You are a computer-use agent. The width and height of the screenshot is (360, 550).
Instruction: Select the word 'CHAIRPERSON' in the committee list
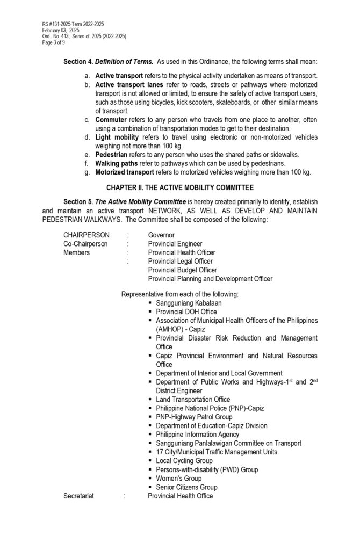[87, 235]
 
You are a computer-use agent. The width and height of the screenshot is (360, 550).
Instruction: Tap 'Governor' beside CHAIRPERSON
[161, 235]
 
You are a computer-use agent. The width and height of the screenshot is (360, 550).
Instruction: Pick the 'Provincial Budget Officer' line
[183, 270]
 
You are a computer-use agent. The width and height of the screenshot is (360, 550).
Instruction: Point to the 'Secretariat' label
[78, 496]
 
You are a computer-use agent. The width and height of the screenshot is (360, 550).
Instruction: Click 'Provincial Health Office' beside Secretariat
[180, 496]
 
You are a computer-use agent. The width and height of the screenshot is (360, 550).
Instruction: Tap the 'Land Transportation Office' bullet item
[193, 399]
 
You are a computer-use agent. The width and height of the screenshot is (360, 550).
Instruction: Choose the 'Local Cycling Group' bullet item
[184, 460]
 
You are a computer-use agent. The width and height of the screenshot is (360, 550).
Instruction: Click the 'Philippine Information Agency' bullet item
[197, 434]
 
